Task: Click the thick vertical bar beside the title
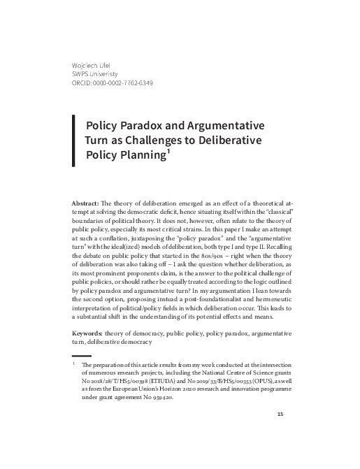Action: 73,140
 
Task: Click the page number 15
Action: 280,434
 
